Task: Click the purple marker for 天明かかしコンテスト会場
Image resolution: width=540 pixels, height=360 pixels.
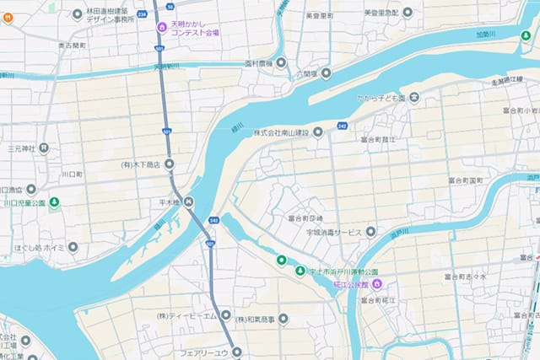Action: click(162, 28)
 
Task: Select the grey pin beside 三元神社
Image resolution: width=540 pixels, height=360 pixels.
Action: click(44, 148)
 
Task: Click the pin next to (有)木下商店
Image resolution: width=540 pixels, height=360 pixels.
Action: click(169, 164)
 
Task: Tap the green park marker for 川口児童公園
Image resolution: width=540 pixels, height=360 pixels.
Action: click(54, 201)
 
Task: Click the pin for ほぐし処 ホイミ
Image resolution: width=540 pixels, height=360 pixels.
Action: click(73, 248)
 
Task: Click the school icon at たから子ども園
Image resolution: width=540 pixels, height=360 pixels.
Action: click(414, 98)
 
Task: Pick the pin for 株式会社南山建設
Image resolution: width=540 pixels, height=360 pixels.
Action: click(317, 132)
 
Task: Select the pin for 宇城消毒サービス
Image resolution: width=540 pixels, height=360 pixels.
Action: click(370, 232)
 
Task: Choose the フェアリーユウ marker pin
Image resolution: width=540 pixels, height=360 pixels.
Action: click(237, 352)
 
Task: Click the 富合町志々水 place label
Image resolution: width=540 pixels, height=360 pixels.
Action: click(465, 275)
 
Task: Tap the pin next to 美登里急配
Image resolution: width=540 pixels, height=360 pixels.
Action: click(408, 12)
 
